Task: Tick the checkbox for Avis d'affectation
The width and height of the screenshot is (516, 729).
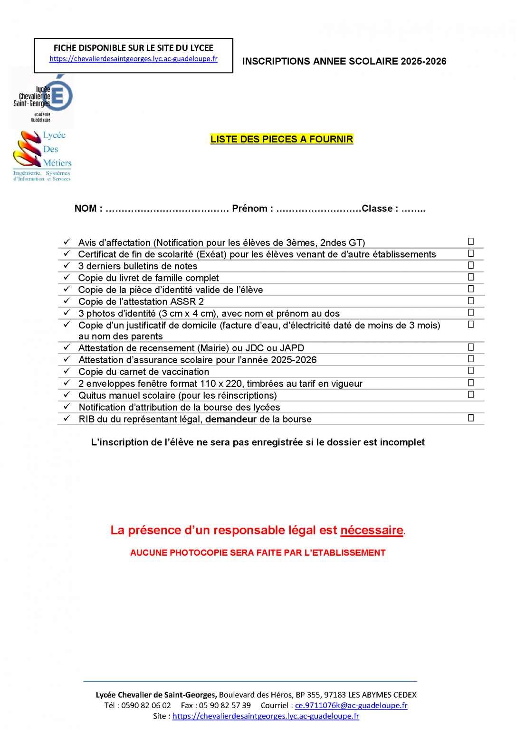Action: pyautogui.click(x=471, y=242)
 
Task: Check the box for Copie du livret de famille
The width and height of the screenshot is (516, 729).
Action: pyautogui.click(x=471, y=277)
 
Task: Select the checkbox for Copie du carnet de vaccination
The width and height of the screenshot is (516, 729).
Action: pyautogui.click(x=471, y=371)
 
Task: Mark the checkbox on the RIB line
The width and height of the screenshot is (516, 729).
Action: pyautogui.click(x=471, y=418)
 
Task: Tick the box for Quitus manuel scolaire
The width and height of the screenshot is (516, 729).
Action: pyautogui.click(x=471, y=394)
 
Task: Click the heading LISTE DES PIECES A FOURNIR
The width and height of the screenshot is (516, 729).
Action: pyautogui.click(x=282, y=139)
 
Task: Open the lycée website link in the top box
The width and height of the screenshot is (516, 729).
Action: pyautogui.click(x=134, y=59)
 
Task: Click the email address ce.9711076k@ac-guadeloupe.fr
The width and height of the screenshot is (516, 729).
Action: pyautogui.click(x=351, y=706)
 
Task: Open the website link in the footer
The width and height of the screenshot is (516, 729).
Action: pyautogui.click(x=266, y=716)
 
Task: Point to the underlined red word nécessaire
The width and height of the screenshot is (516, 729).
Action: pyautogui.click(x=372, y=530)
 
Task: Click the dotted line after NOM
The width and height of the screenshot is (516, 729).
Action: pyautogui.click(x=167, y=209)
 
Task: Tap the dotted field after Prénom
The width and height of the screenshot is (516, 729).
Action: pyautogui.click(x=318, y=209)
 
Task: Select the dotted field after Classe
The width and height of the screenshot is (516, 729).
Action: pyautogui.click(x=413, y=209)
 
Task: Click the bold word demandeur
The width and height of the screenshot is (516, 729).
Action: pyautogui.click(x=230, y=420)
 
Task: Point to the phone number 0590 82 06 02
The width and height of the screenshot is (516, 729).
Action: pyautogui.click(x=146, y=706)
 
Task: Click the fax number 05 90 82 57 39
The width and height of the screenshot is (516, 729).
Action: pyautogui.click(x=225, y=706)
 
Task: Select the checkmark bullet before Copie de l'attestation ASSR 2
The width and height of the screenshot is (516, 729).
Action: pyautogui.click(x=67, y=301)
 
